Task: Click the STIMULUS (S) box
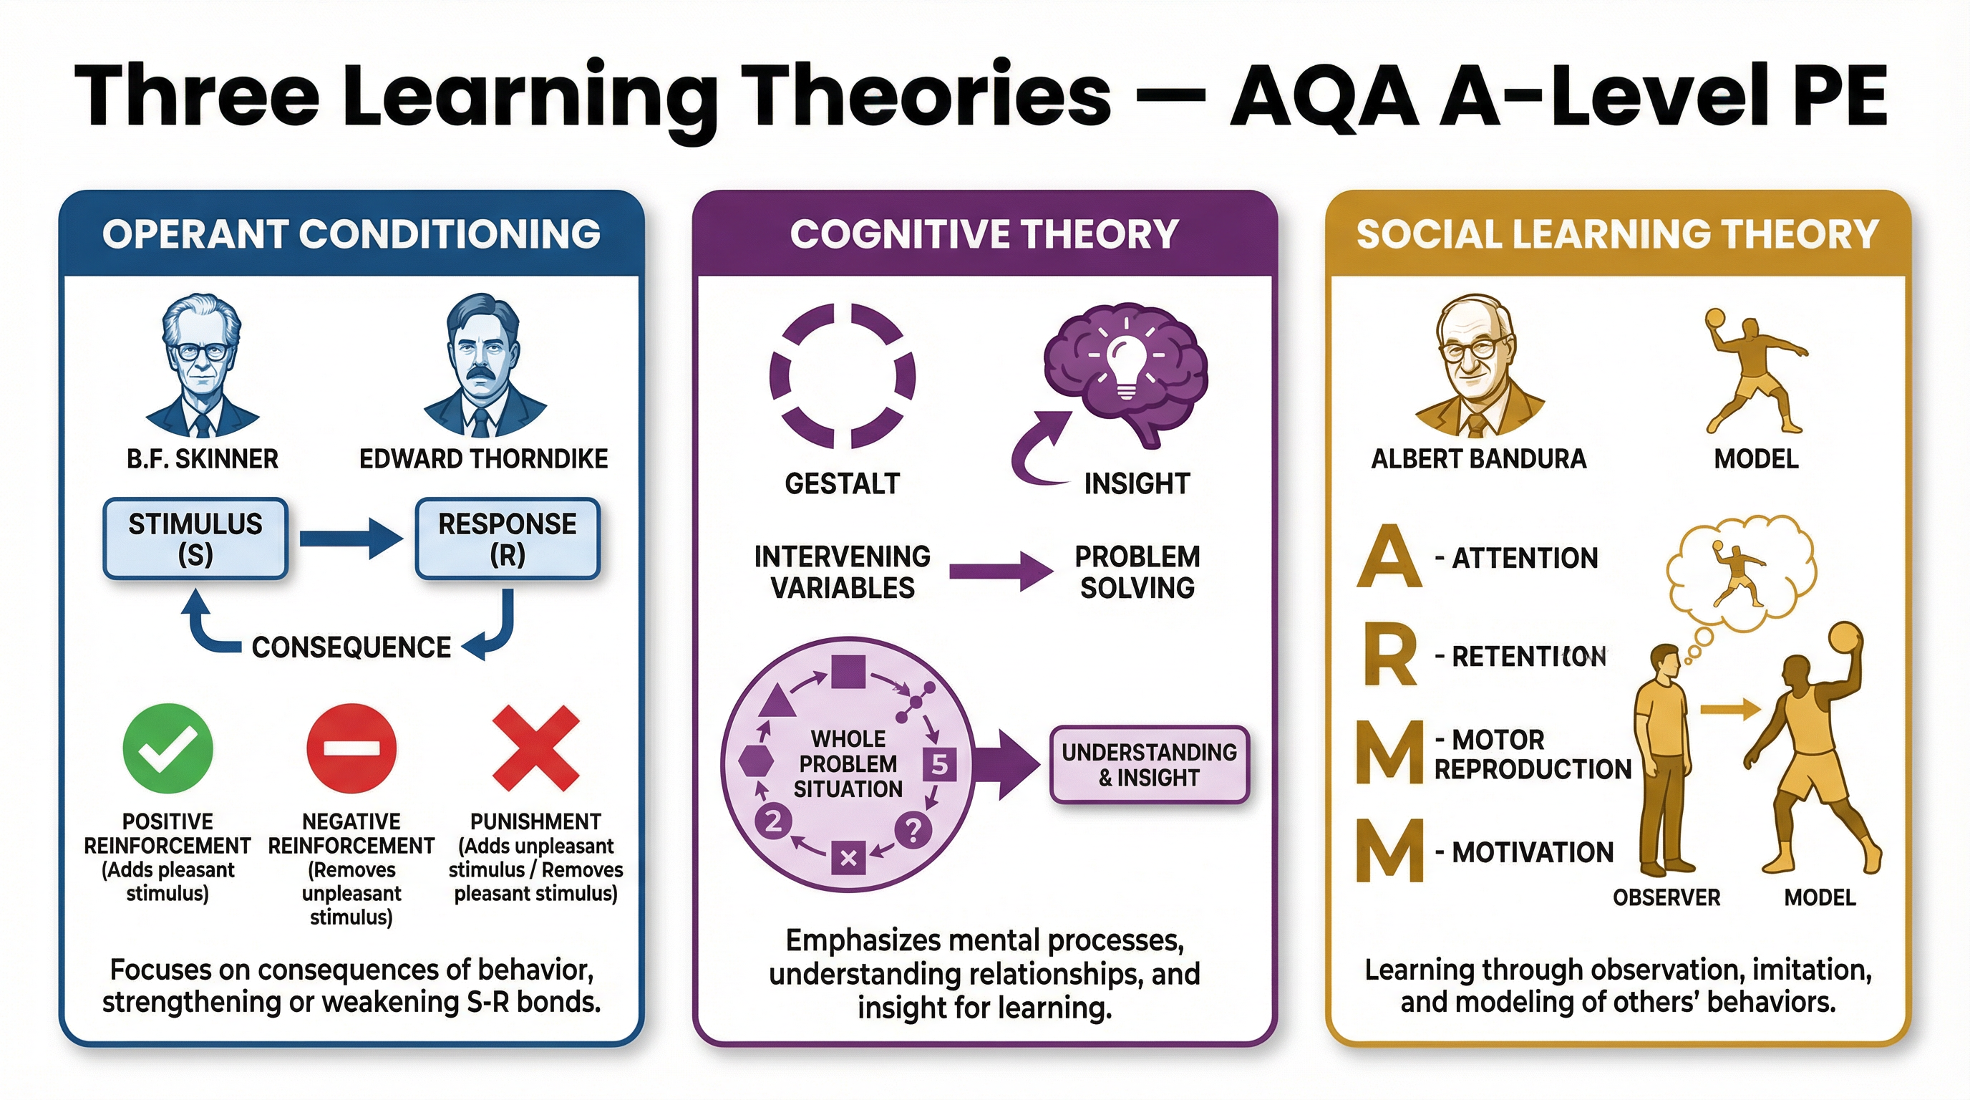tap(195, 539)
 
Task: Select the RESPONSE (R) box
tap(507, 539)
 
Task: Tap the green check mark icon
tap(168, 749)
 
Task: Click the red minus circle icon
tap(351, 749)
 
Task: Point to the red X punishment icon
tap(535, 749)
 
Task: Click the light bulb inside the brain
tap(1126, 363)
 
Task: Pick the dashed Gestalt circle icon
tap(842, 375)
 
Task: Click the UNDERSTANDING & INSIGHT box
tap(1149, 765)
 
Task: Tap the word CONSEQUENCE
tap(351, 647)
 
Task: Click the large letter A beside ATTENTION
tap(1389, 557)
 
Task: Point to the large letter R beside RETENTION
tap(1389, 655)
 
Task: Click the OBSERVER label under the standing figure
tap(1666, 897)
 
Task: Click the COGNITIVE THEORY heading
tap(984, 234)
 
